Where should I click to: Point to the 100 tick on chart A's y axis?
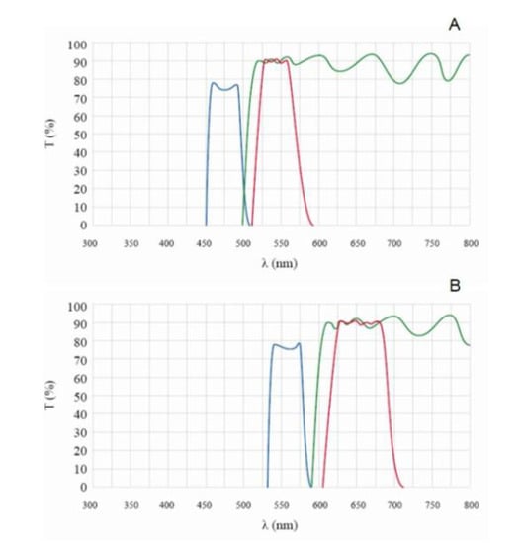click(x=76, y=45)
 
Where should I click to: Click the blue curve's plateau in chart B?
click(x=286, y=347)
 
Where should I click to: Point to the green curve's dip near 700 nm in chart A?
click(x=399, y=83)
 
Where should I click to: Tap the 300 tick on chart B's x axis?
click(x=90, y=504)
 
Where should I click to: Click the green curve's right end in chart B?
click(x=469, y=345)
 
